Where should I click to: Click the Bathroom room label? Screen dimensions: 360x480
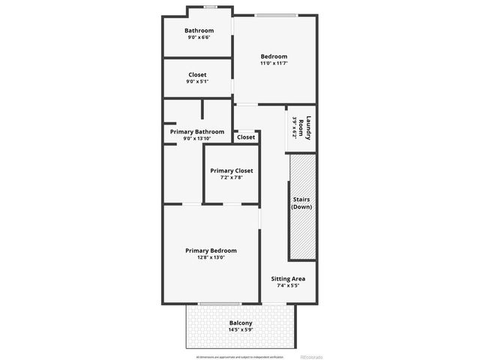pos(199,31)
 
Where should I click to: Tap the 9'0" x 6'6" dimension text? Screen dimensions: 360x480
pos(199,37)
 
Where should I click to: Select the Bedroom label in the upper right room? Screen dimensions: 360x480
pos(274,56)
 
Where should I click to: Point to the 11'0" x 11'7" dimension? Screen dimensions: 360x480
pos(274,63)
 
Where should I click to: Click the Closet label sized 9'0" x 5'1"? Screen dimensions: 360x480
pos(197,74)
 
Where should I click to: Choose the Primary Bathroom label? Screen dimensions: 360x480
pos(196,132)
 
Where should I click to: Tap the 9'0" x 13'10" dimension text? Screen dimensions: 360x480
pos(196,139)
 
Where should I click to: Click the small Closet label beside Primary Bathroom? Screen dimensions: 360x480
pos(246,137)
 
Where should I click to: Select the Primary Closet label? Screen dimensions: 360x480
pos(231,171)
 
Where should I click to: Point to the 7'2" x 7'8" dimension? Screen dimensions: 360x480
pos(231,178)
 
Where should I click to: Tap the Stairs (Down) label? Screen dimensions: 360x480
pos(301,202)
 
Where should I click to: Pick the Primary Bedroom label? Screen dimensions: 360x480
pos(211,250)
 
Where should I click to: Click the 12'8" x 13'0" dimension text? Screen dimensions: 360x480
pos(211,257)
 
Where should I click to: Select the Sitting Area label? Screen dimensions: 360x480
pos(288,279)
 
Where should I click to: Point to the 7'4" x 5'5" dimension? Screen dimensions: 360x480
pos(288,286)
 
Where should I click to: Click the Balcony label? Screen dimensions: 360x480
pos(241,323)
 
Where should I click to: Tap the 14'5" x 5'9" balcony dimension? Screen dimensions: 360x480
pos(241,330)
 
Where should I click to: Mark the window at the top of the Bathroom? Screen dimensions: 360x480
pos(211,7)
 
